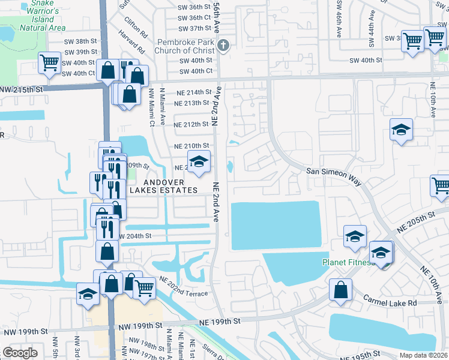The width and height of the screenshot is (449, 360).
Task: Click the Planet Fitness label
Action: pos(346,262)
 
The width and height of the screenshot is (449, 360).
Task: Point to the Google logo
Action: pos(20,353)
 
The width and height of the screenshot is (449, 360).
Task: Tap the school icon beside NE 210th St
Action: pos(199,161)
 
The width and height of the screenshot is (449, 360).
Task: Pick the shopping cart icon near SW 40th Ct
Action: pos(50,62)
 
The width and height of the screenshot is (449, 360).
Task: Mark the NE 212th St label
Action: pos(191,125)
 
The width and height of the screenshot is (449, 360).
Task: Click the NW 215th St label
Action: pos(23,89)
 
